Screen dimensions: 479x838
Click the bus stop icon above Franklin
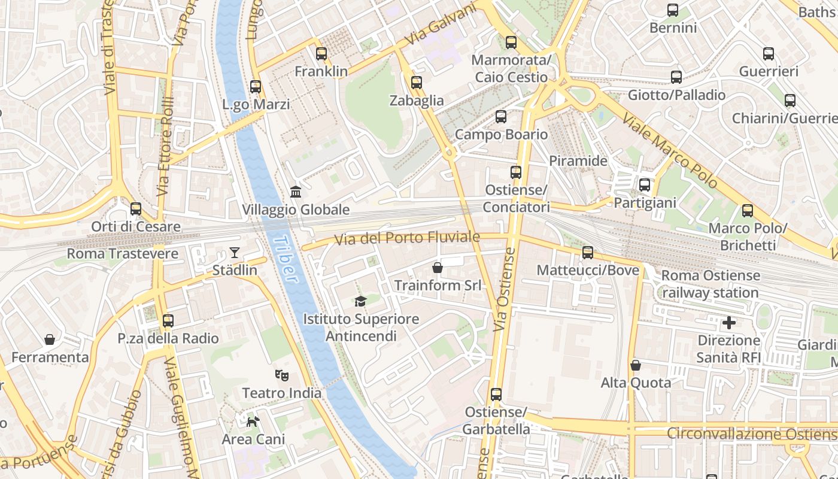click(321, 54)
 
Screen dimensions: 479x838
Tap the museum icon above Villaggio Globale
click(296, 192)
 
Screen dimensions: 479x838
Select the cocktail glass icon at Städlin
click(235, 253)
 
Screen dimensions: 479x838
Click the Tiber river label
click(285, 259)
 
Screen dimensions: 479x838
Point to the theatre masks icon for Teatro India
click(282, 375)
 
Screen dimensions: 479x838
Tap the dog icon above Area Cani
click(253, 422)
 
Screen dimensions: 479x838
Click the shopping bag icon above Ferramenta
click(50, 339)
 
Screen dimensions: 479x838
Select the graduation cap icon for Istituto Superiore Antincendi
click(360, 301)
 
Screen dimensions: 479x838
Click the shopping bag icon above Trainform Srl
click(438, 267)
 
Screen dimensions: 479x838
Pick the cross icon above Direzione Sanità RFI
click(729, 323)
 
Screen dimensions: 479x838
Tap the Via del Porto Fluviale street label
click(407, 238)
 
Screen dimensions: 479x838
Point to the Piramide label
click(578, 160)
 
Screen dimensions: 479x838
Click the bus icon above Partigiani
click(645, 185)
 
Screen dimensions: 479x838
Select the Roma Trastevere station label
click(122, 253)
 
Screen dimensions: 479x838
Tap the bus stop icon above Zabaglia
click(417, 83)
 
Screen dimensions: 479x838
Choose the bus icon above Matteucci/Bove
click(588, 253)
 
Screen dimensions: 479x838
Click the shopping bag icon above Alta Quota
click(636, 365)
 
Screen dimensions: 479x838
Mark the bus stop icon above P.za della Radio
click(168, 320)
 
